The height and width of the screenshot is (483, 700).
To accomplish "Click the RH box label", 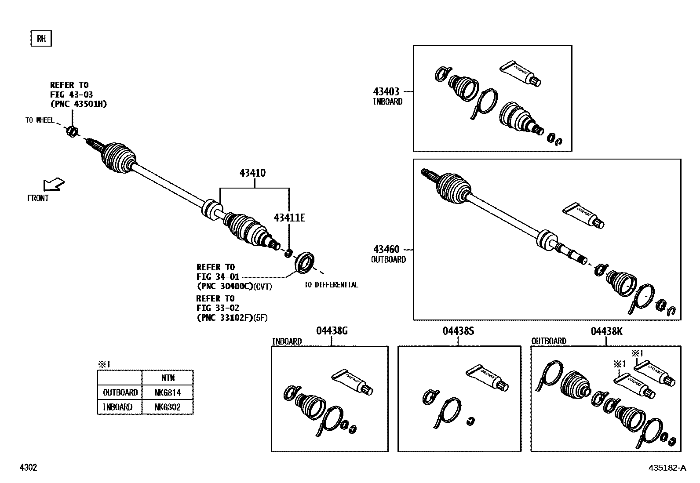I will coord(41,39).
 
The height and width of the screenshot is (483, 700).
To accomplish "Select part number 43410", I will coord(252,173).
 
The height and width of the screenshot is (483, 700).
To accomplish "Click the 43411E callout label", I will coord(289,218).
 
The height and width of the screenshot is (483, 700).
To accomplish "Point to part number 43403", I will coord(386,91).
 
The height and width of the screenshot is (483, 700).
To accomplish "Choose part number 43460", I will coord(386,250).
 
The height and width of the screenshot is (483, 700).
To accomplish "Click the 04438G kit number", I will coord(332,331).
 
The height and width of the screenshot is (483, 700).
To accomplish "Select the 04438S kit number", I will coord(458,331).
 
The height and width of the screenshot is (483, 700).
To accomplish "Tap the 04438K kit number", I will coord(606,331).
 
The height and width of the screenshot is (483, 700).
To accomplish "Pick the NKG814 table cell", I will coord(168,392).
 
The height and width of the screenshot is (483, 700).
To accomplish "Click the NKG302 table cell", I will coord(168,407).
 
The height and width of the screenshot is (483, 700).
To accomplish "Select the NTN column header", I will coord(168,378).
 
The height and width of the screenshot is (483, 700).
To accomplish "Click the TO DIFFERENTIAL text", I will coord(331,285).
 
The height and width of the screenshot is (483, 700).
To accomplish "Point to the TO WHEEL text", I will coord(40,120).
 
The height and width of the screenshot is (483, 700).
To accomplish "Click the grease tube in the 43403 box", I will coord(521,73).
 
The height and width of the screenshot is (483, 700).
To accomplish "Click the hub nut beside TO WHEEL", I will coord(73,131).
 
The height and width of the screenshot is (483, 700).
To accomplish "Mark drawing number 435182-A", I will coord(667,468).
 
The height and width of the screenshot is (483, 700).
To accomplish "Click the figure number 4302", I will coord(28,468).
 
